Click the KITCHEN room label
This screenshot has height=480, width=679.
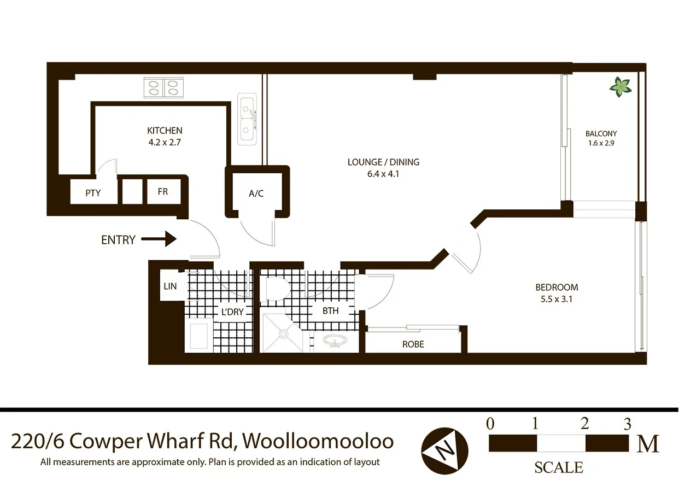[x=165, y=131]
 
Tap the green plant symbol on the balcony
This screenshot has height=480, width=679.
[x=621, y=86]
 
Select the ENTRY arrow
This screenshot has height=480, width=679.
[x=159, y=239]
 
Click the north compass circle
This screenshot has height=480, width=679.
[x=444, y=451]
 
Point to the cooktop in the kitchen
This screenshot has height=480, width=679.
[x=163, y=87]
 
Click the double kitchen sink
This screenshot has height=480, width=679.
[x=248, y=119]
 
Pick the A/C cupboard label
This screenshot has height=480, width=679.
[x=256, y=194]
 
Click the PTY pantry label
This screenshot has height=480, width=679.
[x=93, y=193]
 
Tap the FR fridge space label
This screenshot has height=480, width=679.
[x=162, y=192]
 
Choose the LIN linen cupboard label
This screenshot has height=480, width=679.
[x=170, y=286]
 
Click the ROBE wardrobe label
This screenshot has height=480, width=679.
[x=413, y=344]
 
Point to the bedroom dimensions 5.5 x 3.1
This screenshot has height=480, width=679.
[x=557, y=299]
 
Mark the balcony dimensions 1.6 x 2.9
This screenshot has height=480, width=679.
[x=601, y=144]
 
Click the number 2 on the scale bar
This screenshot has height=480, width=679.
[x=584, y=424]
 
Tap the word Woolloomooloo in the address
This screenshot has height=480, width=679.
[x=318, y=440]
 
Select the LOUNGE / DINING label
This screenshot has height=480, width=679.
[x=383, y=162]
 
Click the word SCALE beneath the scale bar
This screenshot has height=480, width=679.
[x=558, y=468]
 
